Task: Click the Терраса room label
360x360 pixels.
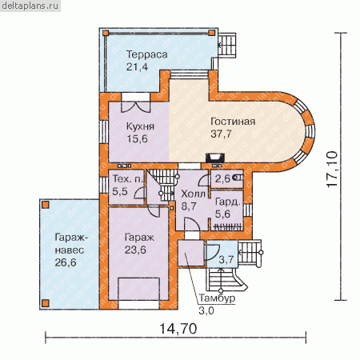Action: (x=147, y=54)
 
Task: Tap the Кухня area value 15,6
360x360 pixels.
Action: (x=137, y=139)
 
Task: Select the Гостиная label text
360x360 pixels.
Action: (x=233, y=122)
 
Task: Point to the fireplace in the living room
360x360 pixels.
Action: (x=214, y=158)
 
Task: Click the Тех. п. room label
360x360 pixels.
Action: (x=128, y=178)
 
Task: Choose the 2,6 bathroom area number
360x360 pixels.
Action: (x=222, y=178)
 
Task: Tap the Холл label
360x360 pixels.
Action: (x=194, y=194)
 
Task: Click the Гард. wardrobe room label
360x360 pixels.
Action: (x=228, y=202)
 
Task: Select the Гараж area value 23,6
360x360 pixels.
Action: (x=135, y=250)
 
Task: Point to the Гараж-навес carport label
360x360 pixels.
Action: (x=70, y=243)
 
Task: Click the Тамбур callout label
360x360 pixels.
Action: (x=217, y=298)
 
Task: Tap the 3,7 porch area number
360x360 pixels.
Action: (x=226, y=259)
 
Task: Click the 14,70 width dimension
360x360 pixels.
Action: (x=178, y=329)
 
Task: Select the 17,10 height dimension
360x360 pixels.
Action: (x=332, y=170)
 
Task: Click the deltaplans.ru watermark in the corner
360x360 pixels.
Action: (x=30, y=6)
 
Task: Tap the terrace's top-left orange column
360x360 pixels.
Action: (x=106, y=33)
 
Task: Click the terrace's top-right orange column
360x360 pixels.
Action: (x=211, y=33)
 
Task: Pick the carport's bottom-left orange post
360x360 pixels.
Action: (x=46, y=303)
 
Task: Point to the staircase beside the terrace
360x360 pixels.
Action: (x=227, y=45)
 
